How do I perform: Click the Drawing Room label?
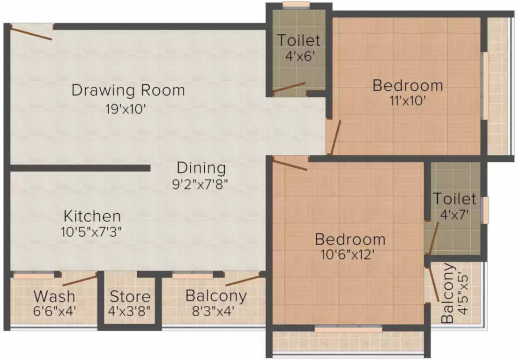coord(128,90)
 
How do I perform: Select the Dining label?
coord(201,168)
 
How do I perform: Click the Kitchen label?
coord(92,217)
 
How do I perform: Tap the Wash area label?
coord(54,296)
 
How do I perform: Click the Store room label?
coord(130,297)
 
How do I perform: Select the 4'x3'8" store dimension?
coord(130,311)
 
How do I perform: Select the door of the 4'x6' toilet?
coord(289,89)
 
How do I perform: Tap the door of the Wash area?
coord(80,281)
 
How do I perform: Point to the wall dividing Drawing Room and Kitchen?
coord(80,168)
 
